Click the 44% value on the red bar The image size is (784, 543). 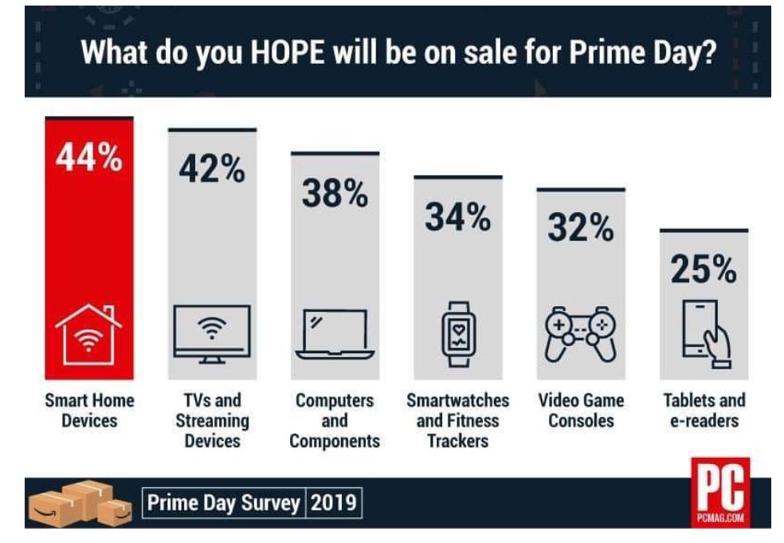coord(88,158)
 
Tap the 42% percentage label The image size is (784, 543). coord(211,169)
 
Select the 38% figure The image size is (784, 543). coord(334,194)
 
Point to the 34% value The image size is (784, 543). coord(457,217)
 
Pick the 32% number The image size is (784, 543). coord(580,228)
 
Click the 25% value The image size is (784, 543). coord(704,270)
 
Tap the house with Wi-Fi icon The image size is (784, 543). coord(88,334)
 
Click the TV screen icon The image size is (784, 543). coord(211,333)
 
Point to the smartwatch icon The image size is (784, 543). coord(458,333)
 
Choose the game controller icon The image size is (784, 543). coord(580,333)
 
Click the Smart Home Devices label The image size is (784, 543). coord(88,409)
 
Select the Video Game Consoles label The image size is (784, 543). coord(581,409)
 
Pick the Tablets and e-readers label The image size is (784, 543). coord(704,409)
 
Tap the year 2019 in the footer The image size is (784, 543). coord(335,504)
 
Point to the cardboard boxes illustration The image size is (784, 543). coord(79,503)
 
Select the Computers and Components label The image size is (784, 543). coord(335,420)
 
